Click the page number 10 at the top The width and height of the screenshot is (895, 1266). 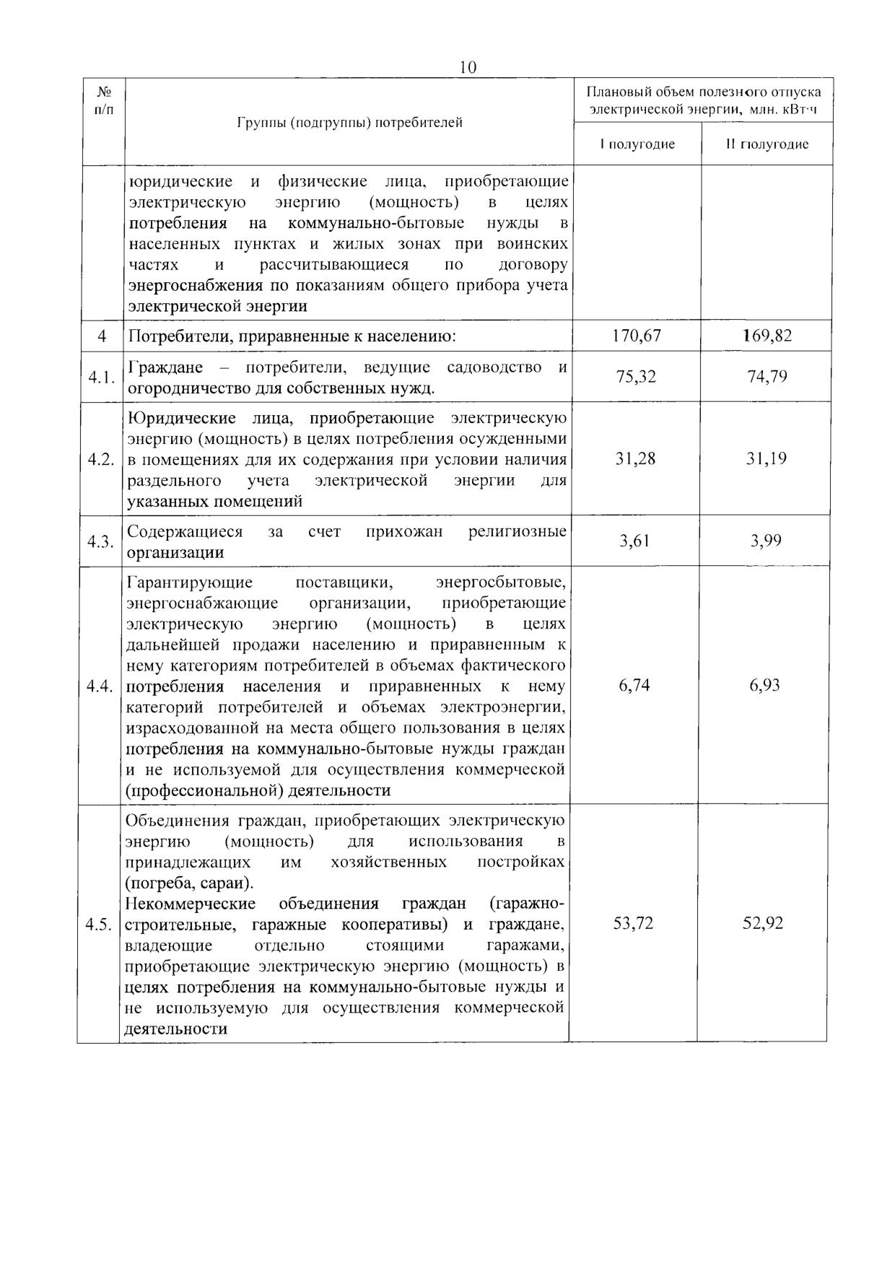pyautogui.click(x=468, y=67)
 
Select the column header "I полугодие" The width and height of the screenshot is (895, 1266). pyautogui.click(x=637, y=144)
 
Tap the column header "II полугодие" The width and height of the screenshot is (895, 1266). pyautogui.click(x=767, y=144)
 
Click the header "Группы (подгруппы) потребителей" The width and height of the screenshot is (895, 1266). pyautogui.click(x=350, y=122)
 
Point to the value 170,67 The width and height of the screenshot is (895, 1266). pyautogui.click(x=637, y=336)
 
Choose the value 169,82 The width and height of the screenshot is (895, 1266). pyautogui.click(x=767, y=336)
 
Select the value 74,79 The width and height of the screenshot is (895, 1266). pyautogui.click(x=767, y=377)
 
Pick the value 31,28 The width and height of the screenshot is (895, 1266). pyautogui.click(x=635, y=458)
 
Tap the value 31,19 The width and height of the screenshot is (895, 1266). pyautogui.click(x=767, y=458)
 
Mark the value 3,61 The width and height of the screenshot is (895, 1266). pyautogui.click(x=635, y=541)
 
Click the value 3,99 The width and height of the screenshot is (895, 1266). pyautogui.click(x=766, y=541)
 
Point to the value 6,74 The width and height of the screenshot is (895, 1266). pyautogui.click(x=634, y=685)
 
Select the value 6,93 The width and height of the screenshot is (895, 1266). pyautogui.click(x=765, y=685)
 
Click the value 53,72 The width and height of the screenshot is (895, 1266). pyautogui.click(x=633, y=923)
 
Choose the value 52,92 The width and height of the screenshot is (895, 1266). pyautogui.click(x=763, y=923)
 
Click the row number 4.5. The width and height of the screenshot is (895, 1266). pyautogui.click(x=98, y=925)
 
